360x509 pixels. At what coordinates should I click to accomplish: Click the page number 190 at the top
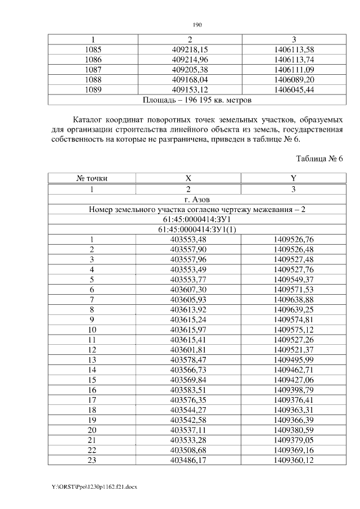[197, 25]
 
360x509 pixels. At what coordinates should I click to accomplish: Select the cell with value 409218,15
[190, 49]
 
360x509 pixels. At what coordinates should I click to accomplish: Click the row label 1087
[92, 69]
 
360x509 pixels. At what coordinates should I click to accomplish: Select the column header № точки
[92, 179]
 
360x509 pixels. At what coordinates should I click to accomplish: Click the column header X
[189, 179]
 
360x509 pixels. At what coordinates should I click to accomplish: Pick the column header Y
[293, 179]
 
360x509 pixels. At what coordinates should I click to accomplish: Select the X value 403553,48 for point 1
[189, 240]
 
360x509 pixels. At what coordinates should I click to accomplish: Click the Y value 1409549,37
[293, 280]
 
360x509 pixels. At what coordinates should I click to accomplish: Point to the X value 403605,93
[189, 300]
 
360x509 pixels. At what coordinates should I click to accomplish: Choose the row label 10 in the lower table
[92, 330]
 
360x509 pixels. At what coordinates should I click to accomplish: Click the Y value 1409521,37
[293, 350]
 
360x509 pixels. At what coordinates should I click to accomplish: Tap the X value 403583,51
[189, 390]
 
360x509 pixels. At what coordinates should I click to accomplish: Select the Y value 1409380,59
[293, 430]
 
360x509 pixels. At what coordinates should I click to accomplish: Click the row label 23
[92, 461]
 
